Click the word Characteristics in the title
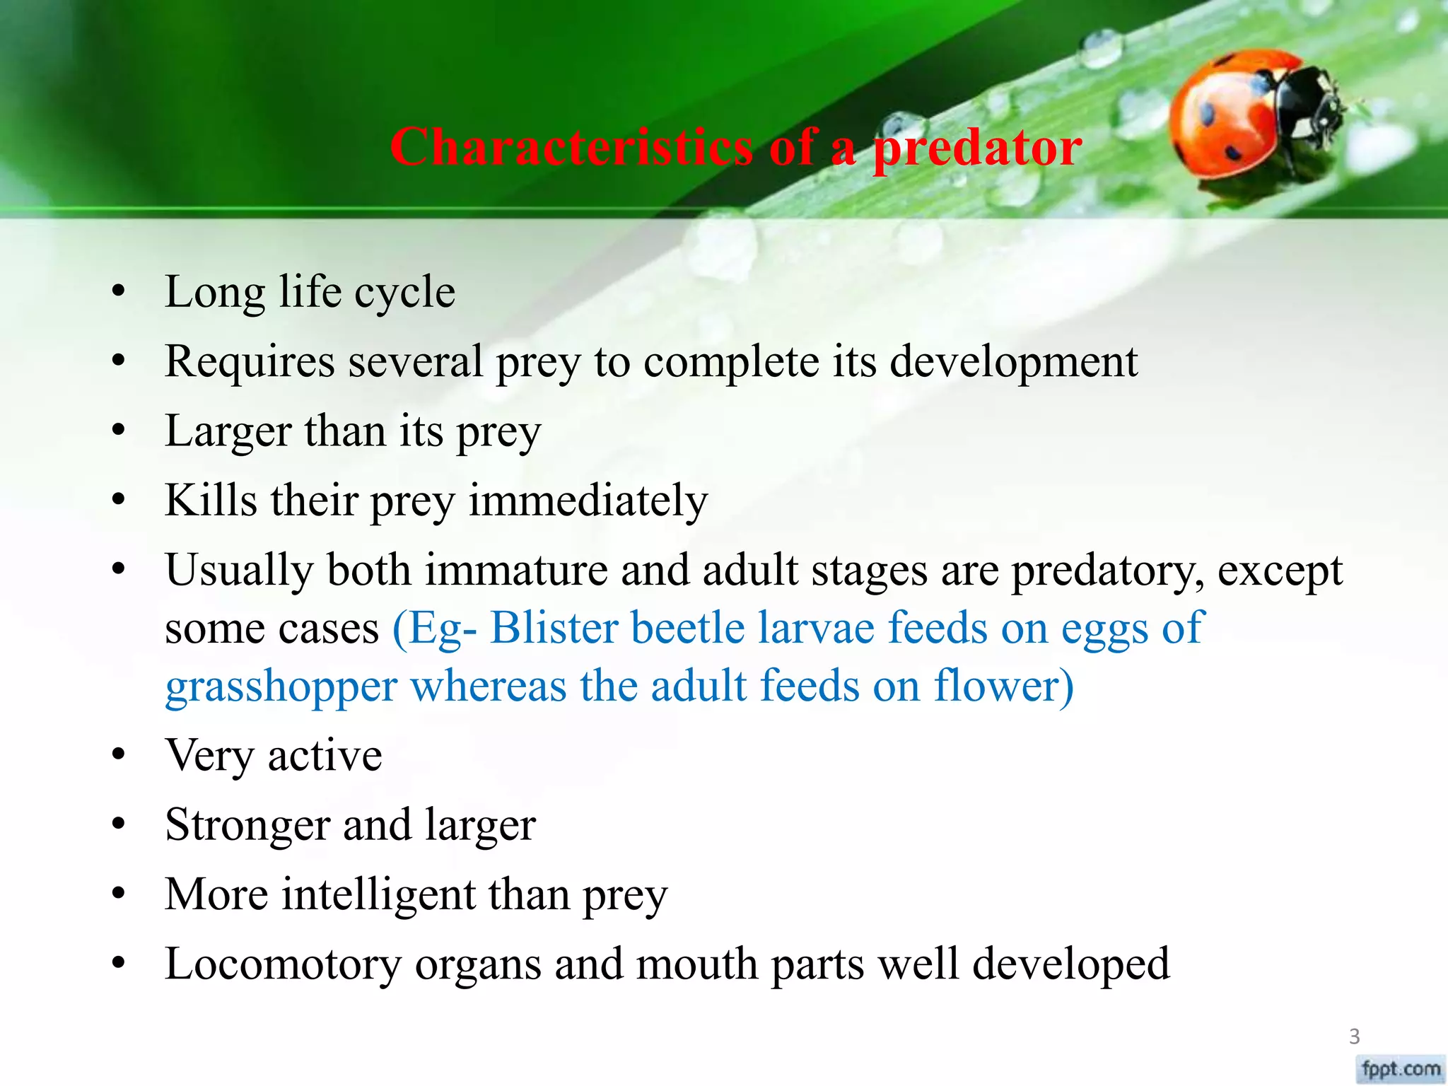(x=571, y=147)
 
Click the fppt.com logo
(x=1401, y=1068)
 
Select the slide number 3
(x=1354, y=1037)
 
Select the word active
(x=325, y=755)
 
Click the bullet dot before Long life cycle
(x=118, y=291)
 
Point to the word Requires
(x=250, y=362)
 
